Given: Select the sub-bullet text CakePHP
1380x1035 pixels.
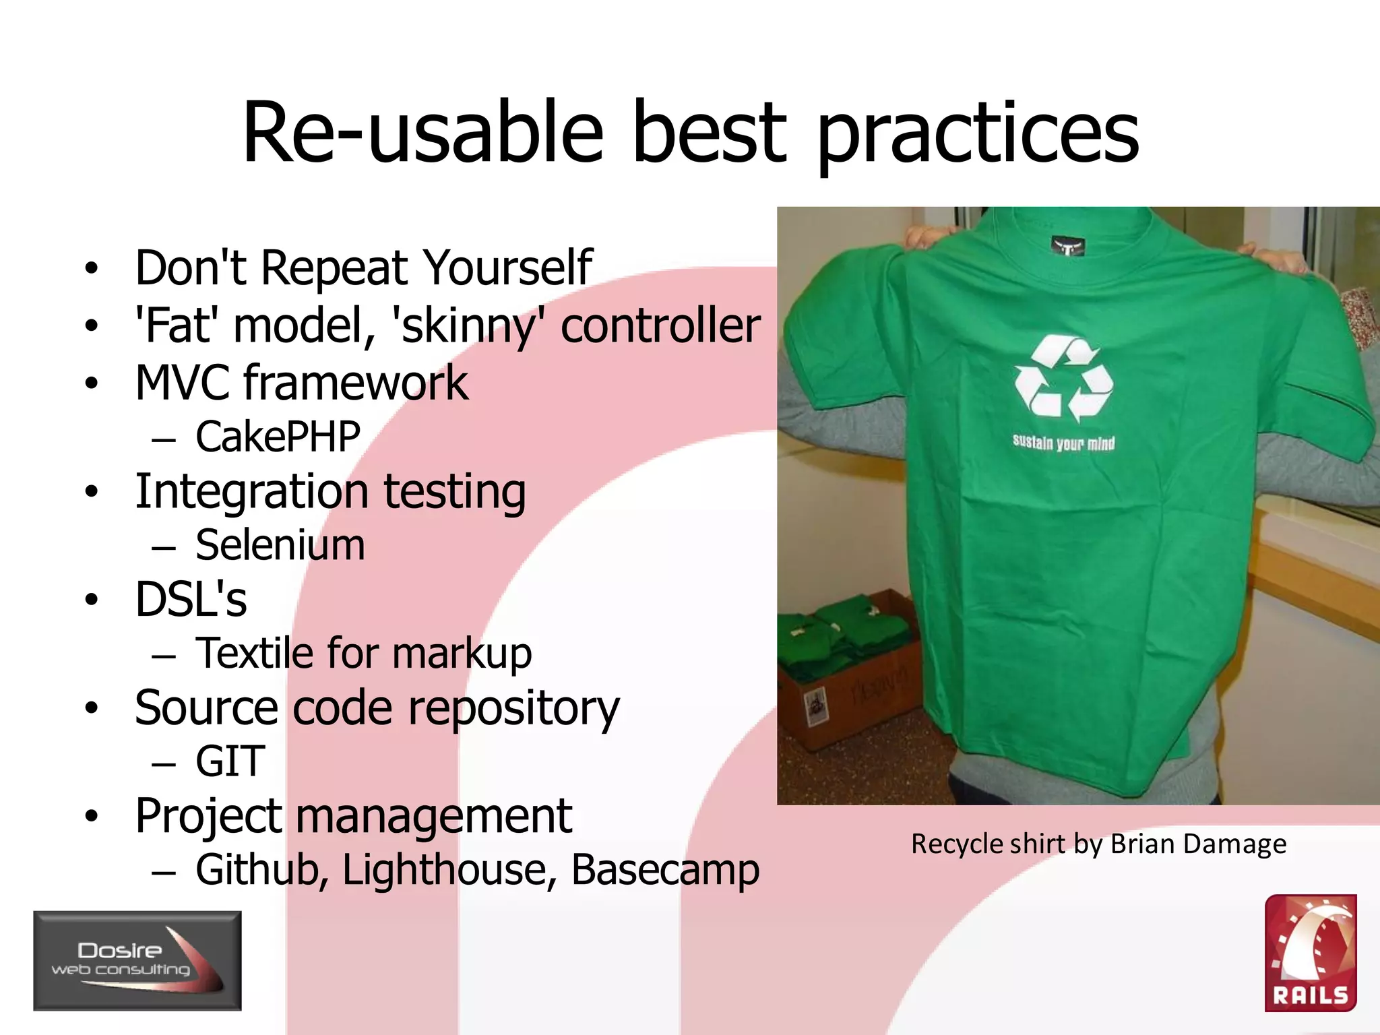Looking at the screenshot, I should point(278,437).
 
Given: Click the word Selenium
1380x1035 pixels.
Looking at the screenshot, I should point(280,545).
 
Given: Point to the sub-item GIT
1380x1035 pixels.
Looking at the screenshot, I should point(230,761).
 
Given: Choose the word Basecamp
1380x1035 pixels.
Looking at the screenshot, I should point(665,869).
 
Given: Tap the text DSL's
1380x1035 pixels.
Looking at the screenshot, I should point(191,599).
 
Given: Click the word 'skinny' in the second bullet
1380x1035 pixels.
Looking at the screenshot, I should point(469,326).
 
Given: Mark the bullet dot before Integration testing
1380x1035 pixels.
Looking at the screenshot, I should point(92,492).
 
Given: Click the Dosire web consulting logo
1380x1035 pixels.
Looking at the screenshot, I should point(137,960).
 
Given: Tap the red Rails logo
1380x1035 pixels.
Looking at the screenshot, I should point(1310,953).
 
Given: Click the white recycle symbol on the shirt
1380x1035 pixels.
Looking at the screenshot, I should point(1063,379).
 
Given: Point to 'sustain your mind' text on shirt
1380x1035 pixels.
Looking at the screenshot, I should point(1063,443).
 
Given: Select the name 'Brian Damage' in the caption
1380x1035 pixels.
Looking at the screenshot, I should point(1198,844).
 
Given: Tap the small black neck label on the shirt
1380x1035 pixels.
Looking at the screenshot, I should point(1067,246).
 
